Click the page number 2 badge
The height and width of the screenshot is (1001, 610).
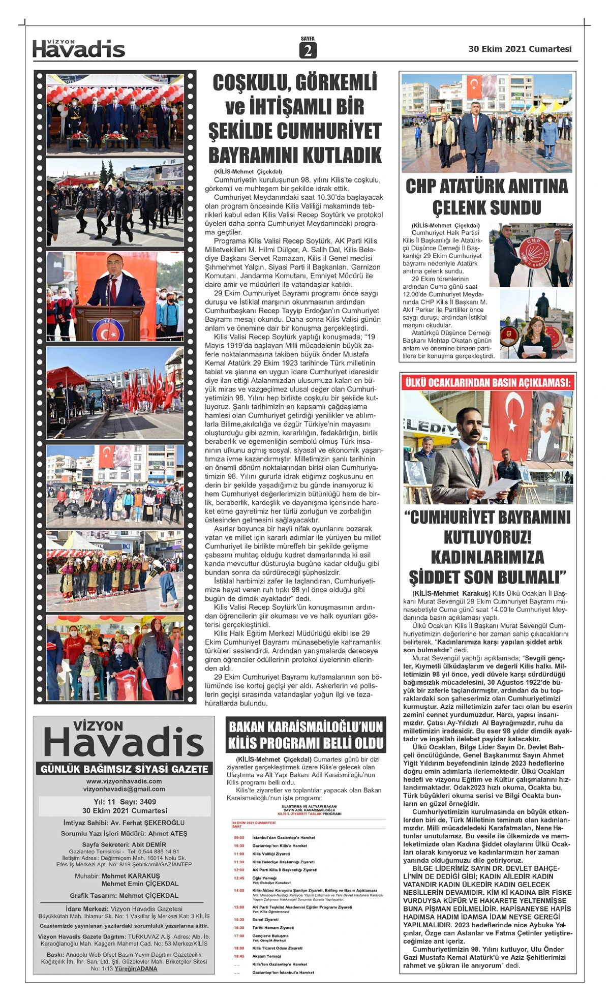[x=308, y=50]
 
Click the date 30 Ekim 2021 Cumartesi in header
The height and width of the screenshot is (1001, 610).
[x=520, y=49]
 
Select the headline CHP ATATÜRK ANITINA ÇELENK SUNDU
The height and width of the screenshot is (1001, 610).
[x=486, y=197]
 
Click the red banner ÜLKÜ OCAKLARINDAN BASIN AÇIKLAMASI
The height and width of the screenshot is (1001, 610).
[x=487, y=382]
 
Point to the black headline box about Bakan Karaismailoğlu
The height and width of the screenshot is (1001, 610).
[x=306, y=735]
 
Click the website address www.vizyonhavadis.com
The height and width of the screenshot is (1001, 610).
[x=124, y=781]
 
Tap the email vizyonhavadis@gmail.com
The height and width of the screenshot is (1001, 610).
[x=124, y=789]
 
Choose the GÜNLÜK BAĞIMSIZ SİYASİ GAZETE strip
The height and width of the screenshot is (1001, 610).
[x=125, y=769]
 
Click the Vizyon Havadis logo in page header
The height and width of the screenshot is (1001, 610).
[x=79, y=49]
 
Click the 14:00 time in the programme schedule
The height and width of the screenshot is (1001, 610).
[x=239, y=890]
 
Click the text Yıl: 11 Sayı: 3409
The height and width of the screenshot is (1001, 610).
[x=125, y=802]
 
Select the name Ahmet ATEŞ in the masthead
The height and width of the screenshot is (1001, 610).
[x=168, y=833]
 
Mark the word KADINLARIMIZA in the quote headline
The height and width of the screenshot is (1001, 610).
[x=487, y=557]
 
